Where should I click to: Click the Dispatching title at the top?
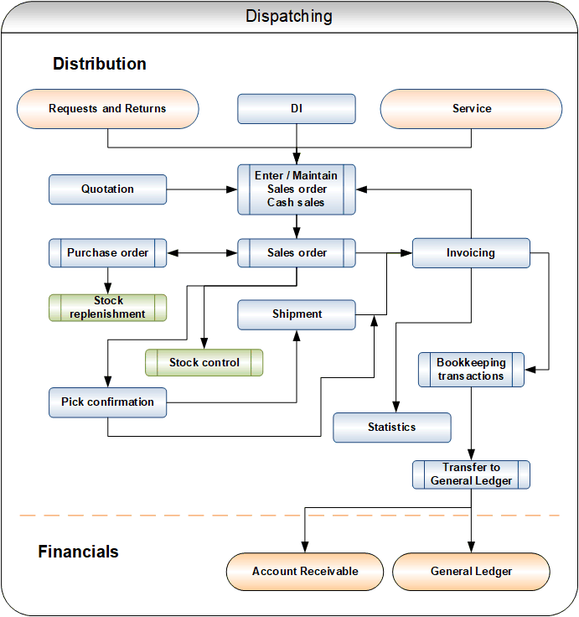[289, 17]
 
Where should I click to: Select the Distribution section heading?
[100, 64]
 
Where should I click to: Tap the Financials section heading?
[78, 552]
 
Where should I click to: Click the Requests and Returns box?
[108, 109]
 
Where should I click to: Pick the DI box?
[297, 109]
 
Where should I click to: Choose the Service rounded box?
[471, 109]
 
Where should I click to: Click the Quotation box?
[108, 189]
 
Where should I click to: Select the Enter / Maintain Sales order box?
[297, 189]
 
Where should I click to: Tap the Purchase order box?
[108, 252]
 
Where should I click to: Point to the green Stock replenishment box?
[108, 308]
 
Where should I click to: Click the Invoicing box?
[471, 252]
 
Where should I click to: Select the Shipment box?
[297, 314]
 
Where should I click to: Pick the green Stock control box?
[204, 362]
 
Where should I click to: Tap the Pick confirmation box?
[108, 402]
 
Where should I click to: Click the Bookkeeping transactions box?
[471, 370]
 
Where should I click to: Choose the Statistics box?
[392, 428]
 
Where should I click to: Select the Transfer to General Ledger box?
[471, 474]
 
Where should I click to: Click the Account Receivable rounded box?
[305, 572]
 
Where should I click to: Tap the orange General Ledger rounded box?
[471, 572]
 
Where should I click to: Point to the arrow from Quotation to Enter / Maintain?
[202, 189]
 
